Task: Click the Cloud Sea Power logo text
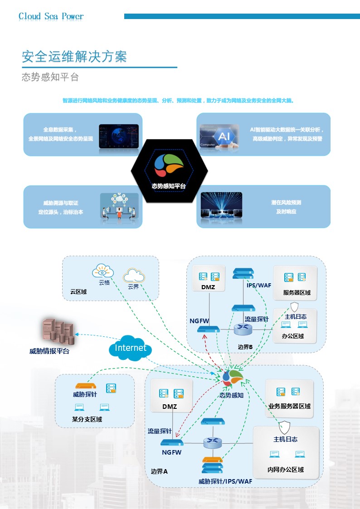click(51, 17)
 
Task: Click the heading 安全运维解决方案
click(74, 57)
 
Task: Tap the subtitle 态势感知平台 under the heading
click(50, 77)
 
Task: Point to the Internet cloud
click(130, 348)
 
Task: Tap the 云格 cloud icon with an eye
click(103, 271)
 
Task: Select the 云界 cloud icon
click(133, 275)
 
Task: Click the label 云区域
click(78, 292)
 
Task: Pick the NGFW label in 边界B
click(199, 321)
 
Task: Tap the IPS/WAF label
click(259, 285)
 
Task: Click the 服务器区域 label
click(297, 292)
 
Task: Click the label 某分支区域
click(87, 419)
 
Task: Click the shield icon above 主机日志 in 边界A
click(285, 427)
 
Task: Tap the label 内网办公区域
click(285, 470)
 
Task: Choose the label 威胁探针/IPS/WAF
click(225, 481)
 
